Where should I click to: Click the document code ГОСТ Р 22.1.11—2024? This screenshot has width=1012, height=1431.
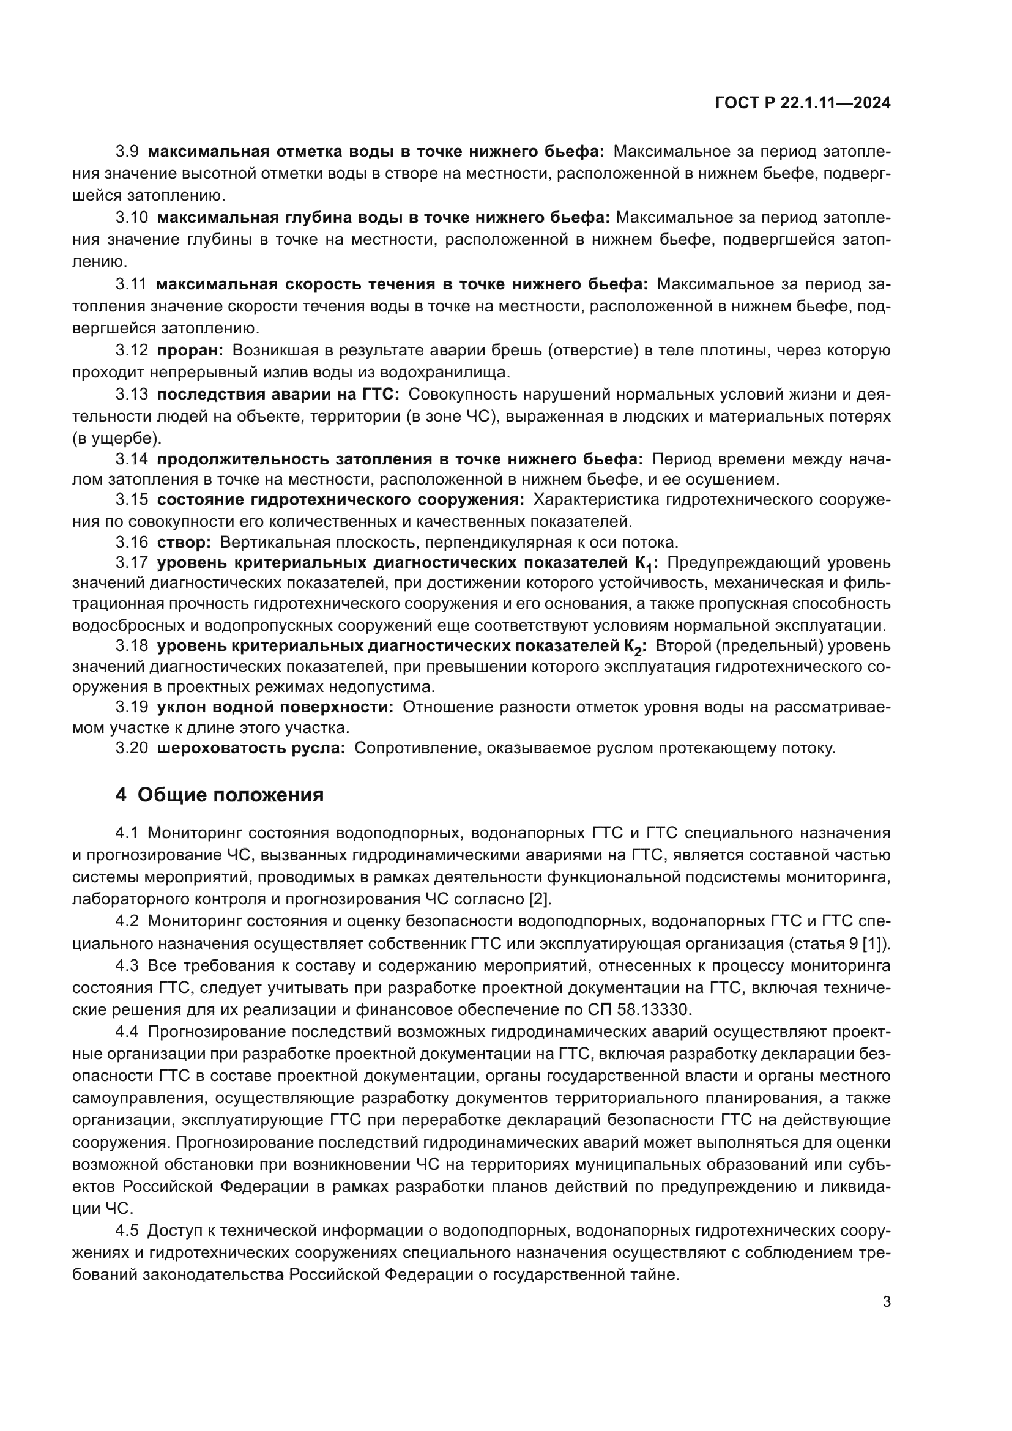802,103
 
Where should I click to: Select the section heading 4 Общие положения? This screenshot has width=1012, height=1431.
220,795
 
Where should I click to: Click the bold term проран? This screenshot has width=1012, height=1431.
190,351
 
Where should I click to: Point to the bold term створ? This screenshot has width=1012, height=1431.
184,541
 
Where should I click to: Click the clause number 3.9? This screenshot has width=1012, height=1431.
127,152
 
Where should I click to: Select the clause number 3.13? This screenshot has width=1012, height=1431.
132,394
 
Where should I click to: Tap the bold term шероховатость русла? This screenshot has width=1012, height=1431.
251,748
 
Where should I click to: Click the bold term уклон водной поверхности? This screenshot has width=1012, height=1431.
275,707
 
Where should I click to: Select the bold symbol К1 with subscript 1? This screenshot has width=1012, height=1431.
644,564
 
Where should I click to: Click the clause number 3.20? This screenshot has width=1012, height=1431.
132,748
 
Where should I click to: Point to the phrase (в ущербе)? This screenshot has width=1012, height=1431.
116,438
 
